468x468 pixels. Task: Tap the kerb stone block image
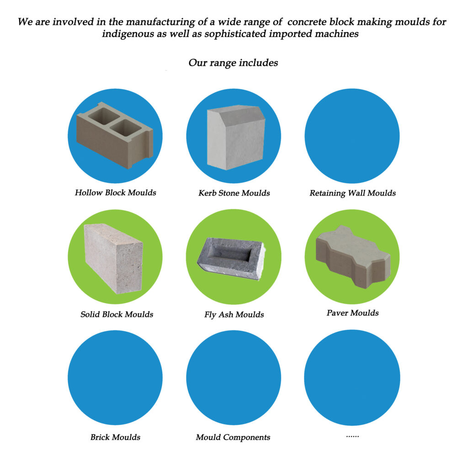click(x=236, y=137)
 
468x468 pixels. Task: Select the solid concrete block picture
click(x=113, y=259)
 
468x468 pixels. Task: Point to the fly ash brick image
click(x=231, y=259)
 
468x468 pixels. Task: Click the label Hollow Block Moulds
click(x=116, y=192)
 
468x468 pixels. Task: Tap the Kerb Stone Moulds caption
click(x=234, y=193)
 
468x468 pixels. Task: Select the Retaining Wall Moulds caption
click(x=352, y=193)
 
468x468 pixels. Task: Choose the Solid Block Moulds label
click(x=117, y=314)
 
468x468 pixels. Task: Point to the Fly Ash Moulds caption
click(x=234, y=314)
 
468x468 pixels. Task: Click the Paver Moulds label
click(x=352, y=313)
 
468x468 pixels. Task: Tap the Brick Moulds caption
click(x=115, y=437)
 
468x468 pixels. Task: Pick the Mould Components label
click(x=233, y=437)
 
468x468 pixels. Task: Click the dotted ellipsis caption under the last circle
click(x=352, y=436)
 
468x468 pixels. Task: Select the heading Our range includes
click(x=233, y=63)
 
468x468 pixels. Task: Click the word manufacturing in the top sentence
click(x=160, y=22)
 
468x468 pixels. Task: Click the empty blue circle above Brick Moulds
click(x=115, y=378)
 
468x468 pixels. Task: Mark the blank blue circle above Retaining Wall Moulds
click(x=352, y=136)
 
